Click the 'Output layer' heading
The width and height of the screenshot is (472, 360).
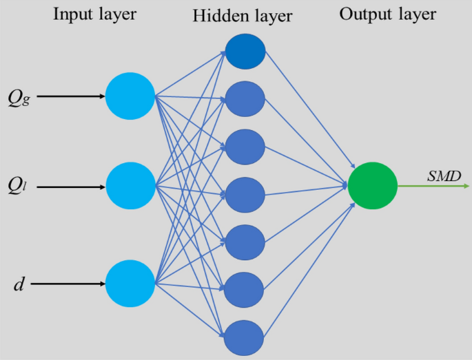[387, 14]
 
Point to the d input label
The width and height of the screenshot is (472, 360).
[19, 284]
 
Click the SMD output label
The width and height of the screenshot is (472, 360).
[444, 176]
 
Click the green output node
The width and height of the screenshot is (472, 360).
[372, 185]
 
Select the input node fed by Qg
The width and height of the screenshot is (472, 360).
[130, 96]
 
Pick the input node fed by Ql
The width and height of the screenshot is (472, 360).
[130, 186]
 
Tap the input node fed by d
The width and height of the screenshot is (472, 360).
[130, 283]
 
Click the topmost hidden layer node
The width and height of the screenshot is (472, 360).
[245, 52]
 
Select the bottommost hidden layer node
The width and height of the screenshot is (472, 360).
[245, 337]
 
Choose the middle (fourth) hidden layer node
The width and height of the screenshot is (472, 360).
[245, 194]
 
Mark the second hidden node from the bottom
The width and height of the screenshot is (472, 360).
[245, 289]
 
